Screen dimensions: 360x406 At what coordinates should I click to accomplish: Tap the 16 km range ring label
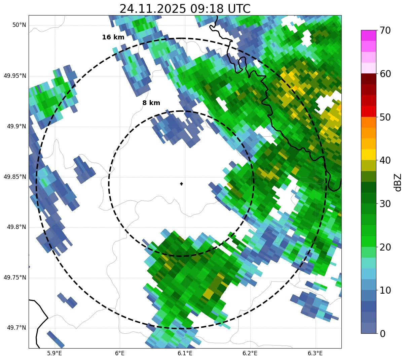[113, 37]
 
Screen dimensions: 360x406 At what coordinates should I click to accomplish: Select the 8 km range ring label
[151, 103]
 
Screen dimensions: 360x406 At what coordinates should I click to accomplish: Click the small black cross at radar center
[182, 184]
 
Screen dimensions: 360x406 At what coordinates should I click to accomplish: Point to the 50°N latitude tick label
[19, 25]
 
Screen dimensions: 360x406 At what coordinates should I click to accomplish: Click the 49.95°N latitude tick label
[15, 76]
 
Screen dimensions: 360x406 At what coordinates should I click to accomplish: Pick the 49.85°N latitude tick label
[15, 177]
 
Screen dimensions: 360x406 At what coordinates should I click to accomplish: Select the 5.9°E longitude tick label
[54, 353]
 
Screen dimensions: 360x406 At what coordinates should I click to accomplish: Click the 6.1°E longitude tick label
[185, 353]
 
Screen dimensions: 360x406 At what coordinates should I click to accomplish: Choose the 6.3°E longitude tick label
[315, 353]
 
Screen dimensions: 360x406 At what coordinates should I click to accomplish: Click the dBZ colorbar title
[398, 182]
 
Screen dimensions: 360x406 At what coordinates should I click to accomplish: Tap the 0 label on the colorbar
[382, 334]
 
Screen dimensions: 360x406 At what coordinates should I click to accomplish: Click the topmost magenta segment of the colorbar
[369, 35]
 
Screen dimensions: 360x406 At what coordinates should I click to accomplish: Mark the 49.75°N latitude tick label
[15, 277]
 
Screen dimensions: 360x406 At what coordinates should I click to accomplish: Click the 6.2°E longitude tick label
[250, 353]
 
